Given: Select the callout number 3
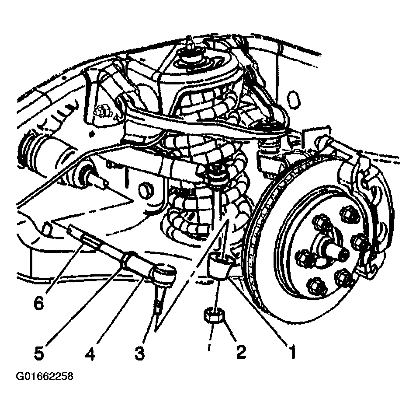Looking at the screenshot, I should (139, 353).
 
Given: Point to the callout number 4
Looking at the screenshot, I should (90, 353).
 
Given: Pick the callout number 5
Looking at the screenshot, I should (39, 353).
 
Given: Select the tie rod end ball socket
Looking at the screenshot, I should (164, 273).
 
